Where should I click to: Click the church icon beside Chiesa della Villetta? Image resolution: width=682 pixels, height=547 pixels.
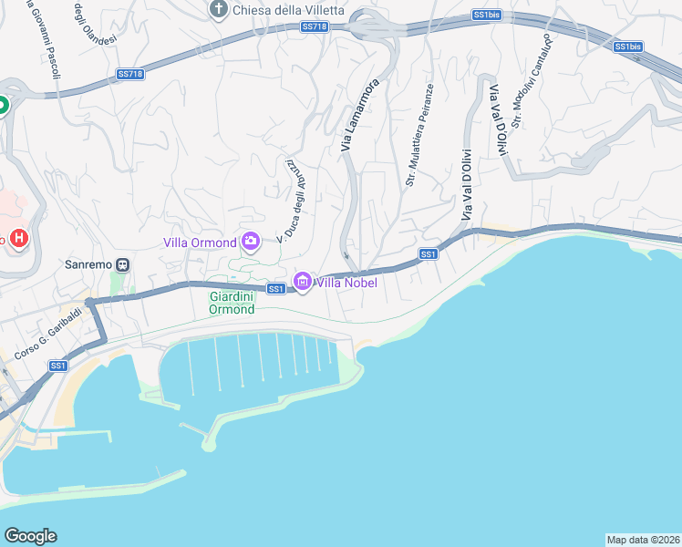219,10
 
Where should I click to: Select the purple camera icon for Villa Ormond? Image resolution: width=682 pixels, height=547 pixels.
251,242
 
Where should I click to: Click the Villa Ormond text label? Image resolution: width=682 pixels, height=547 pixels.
200,243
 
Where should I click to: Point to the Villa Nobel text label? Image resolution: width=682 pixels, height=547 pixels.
346,283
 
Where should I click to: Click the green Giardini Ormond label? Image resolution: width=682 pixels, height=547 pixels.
232,303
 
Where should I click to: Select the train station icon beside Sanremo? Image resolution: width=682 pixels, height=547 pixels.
122,265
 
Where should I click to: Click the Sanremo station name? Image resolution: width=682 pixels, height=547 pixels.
88,265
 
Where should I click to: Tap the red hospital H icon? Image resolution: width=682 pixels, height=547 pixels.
19,240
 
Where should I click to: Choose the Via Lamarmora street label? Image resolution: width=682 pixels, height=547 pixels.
359,115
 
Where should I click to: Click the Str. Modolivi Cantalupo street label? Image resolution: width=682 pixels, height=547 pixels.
532,81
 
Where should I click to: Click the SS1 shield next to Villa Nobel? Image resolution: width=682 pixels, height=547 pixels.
277,289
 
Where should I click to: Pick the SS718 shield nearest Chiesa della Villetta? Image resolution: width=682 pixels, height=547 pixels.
313,27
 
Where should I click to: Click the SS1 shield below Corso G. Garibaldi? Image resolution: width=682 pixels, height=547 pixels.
57,366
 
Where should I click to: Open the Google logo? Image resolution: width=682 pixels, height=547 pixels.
30,536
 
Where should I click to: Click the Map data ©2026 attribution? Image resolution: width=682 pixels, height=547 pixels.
643,539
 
